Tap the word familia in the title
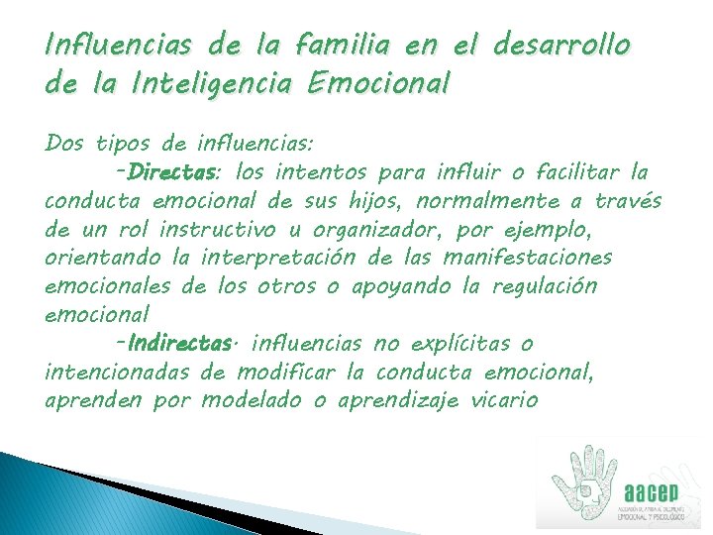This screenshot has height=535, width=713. click(x=333, y=46)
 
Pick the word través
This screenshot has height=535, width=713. click(x=629, y=202)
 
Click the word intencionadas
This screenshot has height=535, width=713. click(x=118, y=373)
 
